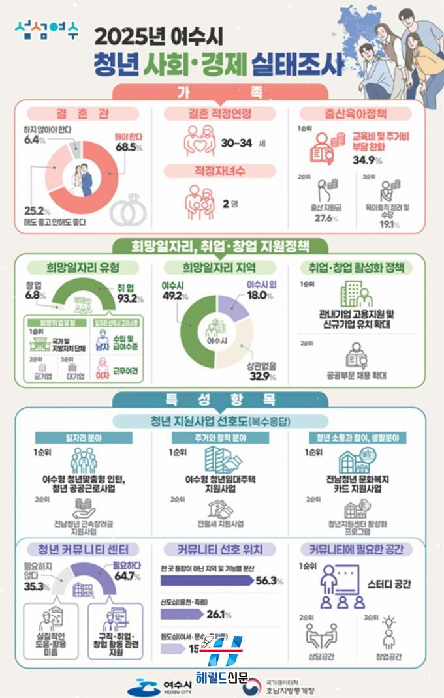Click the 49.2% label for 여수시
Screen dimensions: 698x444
point(175,295)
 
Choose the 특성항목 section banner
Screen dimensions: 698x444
point(222,399)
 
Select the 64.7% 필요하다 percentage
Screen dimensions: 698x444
point(127,576)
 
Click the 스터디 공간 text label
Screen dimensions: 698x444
point(389,584)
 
